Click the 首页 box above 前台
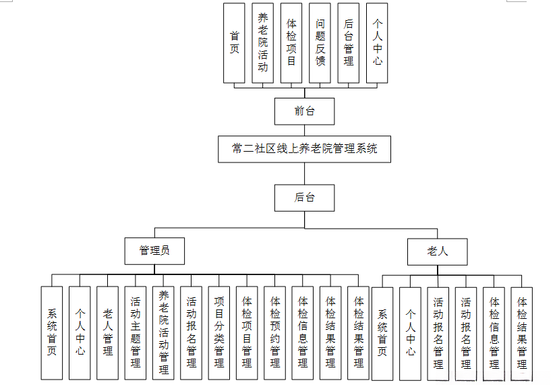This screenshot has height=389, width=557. click(x=235, y=42)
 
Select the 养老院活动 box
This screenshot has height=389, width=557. click(x=263, y=42)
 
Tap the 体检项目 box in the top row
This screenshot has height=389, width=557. click(x=291, y=42)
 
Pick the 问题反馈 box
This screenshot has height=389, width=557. click(x=320, y=42)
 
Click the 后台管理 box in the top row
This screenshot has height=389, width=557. click(x=348, y=42)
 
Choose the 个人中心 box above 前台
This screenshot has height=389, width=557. click(x=377, y=42)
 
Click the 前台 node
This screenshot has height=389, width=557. click(x=304, y=111)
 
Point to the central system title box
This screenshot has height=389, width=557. click(x=304, y=149)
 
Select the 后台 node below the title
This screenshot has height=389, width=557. click(x=304, y=198)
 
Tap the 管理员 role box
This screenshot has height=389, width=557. click(x=154, y=251)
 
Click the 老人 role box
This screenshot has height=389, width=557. click(x=437, y=251)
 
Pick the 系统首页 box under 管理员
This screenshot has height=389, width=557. click(x=52, y=332)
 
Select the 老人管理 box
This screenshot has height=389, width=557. click(x=108, y=332)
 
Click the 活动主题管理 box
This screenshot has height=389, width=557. click(x=136, y=332)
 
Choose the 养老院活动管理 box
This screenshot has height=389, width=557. click(x=164, y=332)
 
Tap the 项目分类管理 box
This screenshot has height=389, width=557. click(x=219, y=332)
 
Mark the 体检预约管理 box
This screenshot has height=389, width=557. click(x=275, y=332)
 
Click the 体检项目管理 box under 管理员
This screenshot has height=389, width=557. click(x=247, y=332)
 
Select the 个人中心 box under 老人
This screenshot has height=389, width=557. click(x=411, y=332)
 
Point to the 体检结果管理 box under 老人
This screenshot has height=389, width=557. click(x=521, y=332)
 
